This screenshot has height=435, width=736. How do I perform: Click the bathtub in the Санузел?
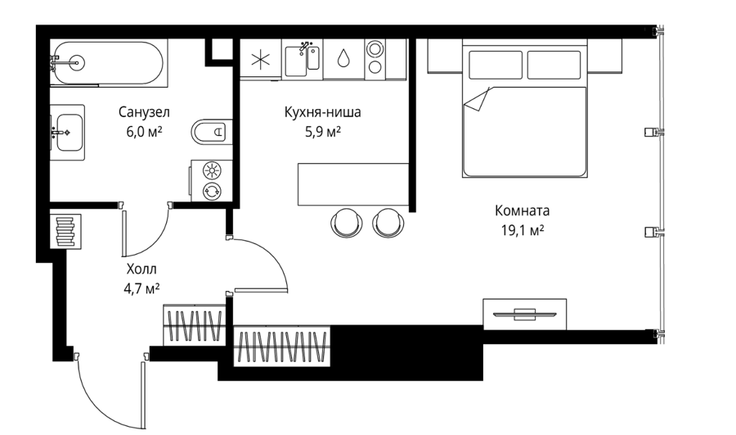109,62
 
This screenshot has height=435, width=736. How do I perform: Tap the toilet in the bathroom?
212,131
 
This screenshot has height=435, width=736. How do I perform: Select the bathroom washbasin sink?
69,133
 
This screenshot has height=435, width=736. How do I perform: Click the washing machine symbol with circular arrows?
212,191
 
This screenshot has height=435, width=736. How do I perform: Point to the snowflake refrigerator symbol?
261,60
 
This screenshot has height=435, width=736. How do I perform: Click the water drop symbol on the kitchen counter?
343,57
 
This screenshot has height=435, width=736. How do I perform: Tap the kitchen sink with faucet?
303,58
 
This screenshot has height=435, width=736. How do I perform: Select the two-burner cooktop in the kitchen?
375,58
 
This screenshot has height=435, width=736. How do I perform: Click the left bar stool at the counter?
347,221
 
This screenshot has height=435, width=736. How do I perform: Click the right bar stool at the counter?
388,221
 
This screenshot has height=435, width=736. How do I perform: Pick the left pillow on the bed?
496,65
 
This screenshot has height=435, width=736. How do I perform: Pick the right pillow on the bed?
554,65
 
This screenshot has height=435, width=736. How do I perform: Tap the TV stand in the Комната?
524,314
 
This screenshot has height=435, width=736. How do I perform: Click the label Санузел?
144,112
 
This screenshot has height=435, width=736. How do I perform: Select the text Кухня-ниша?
323,112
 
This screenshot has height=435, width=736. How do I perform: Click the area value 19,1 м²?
522,230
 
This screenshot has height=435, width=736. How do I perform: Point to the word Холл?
141,270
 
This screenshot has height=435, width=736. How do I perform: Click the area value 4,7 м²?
141,288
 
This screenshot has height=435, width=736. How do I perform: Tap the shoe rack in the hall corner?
65,230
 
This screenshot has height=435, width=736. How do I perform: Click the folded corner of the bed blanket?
476,100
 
